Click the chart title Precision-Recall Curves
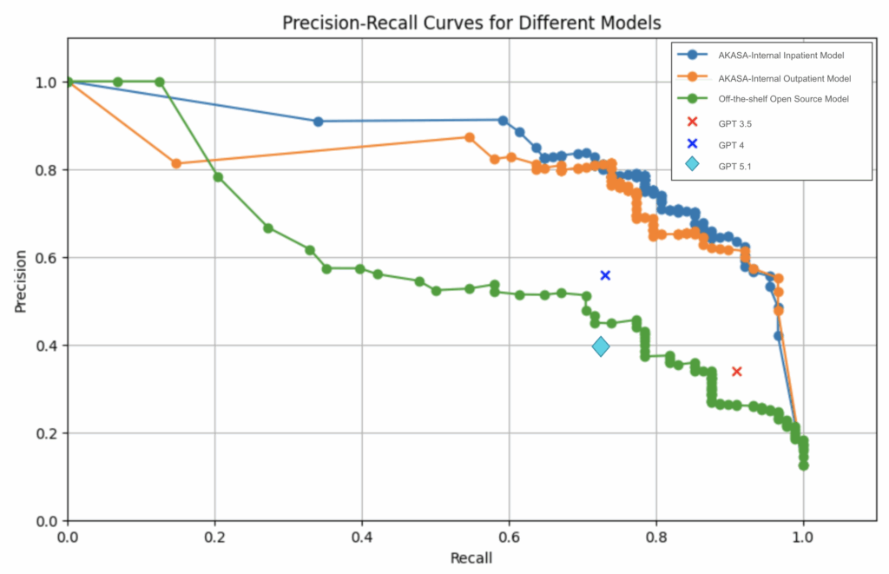point(471,23)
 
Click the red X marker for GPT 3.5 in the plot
point(737,372)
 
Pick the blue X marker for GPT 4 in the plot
point(606,275)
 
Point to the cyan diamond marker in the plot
point(601,347)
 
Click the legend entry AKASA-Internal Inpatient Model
point(781,56)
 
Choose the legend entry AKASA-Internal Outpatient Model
point(784,78)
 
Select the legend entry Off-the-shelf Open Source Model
point(783,99)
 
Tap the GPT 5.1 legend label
point(735,165)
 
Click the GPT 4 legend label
point(732,143)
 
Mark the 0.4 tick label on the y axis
point(44,346)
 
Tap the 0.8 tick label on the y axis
point(44,170)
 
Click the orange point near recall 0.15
point(176,163)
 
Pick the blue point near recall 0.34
point(318,122)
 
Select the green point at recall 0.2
point(218,177)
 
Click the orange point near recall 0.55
point(470,137)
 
